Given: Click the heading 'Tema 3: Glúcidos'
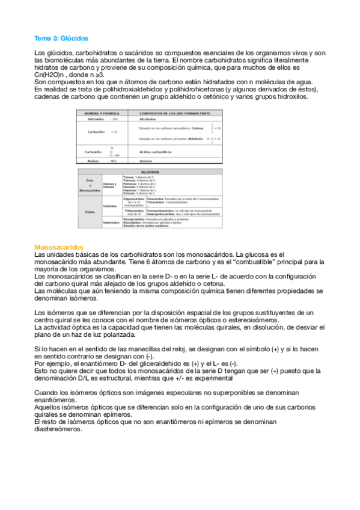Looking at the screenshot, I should click(61, 37).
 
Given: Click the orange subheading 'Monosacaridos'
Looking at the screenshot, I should click(59, 247).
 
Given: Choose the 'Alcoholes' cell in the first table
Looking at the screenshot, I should click(147, 119).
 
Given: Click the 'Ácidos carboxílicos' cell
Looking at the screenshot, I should click(155, 153).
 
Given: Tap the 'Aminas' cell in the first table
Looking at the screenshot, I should click(145, 161).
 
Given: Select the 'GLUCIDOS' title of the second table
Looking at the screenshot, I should click(159, 171).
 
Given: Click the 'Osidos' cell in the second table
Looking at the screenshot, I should click(90, 210).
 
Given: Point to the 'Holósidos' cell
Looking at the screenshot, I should click(110, 205).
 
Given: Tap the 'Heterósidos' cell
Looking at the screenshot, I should click(111, 223).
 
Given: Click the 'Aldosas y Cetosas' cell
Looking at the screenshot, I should click(110, 185).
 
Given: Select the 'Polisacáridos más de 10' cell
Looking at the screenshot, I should click(133, 212).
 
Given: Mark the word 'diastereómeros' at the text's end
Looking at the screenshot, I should click(59, 429).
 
